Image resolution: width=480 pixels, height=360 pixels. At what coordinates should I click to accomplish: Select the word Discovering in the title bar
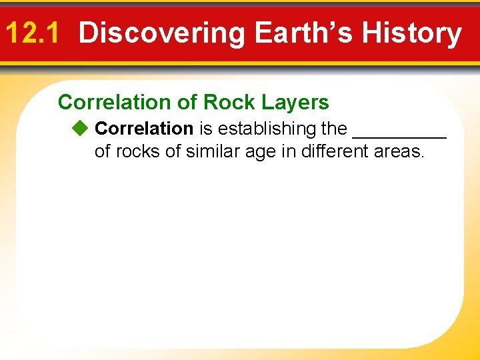[162, 33]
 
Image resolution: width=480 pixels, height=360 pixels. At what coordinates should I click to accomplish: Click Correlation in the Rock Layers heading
[114, 102]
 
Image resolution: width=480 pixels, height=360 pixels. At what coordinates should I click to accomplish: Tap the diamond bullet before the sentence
[81, 127]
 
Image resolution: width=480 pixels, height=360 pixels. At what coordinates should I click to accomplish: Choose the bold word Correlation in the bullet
[144, 127]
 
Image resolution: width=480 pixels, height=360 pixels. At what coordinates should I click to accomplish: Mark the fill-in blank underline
[399, 136]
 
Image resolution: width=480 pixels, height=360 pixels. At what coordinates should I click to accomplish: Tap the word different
[335, 151]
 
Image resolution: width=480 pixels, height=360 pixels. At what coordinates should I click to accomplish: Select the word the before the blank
[335, 127]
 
